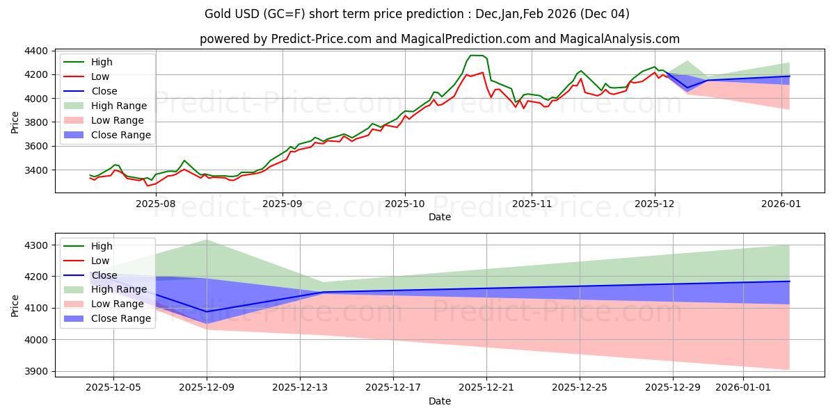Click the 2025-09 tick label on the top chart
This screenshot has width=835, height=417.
coord(282,204)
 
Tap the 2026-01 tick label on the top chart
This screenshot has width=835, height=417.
coord(781,204)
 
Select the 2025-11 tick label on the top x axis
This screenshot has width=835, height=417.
coord(531,204)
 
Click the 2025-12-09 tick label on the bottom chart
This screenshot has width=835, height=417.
coord(207,388)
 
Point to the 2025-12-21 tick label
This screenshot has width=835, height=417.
coord(486,388)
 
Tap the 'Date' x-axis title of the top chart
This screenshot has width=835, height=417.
coord(439,217)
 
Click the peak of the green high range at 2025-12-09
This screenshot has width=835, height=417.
coord(207,240)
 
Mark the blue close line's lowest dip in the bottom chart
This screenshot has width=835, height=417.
coord(207,311)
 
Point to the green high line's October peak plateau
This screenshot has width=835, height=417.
coord(477,56)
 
